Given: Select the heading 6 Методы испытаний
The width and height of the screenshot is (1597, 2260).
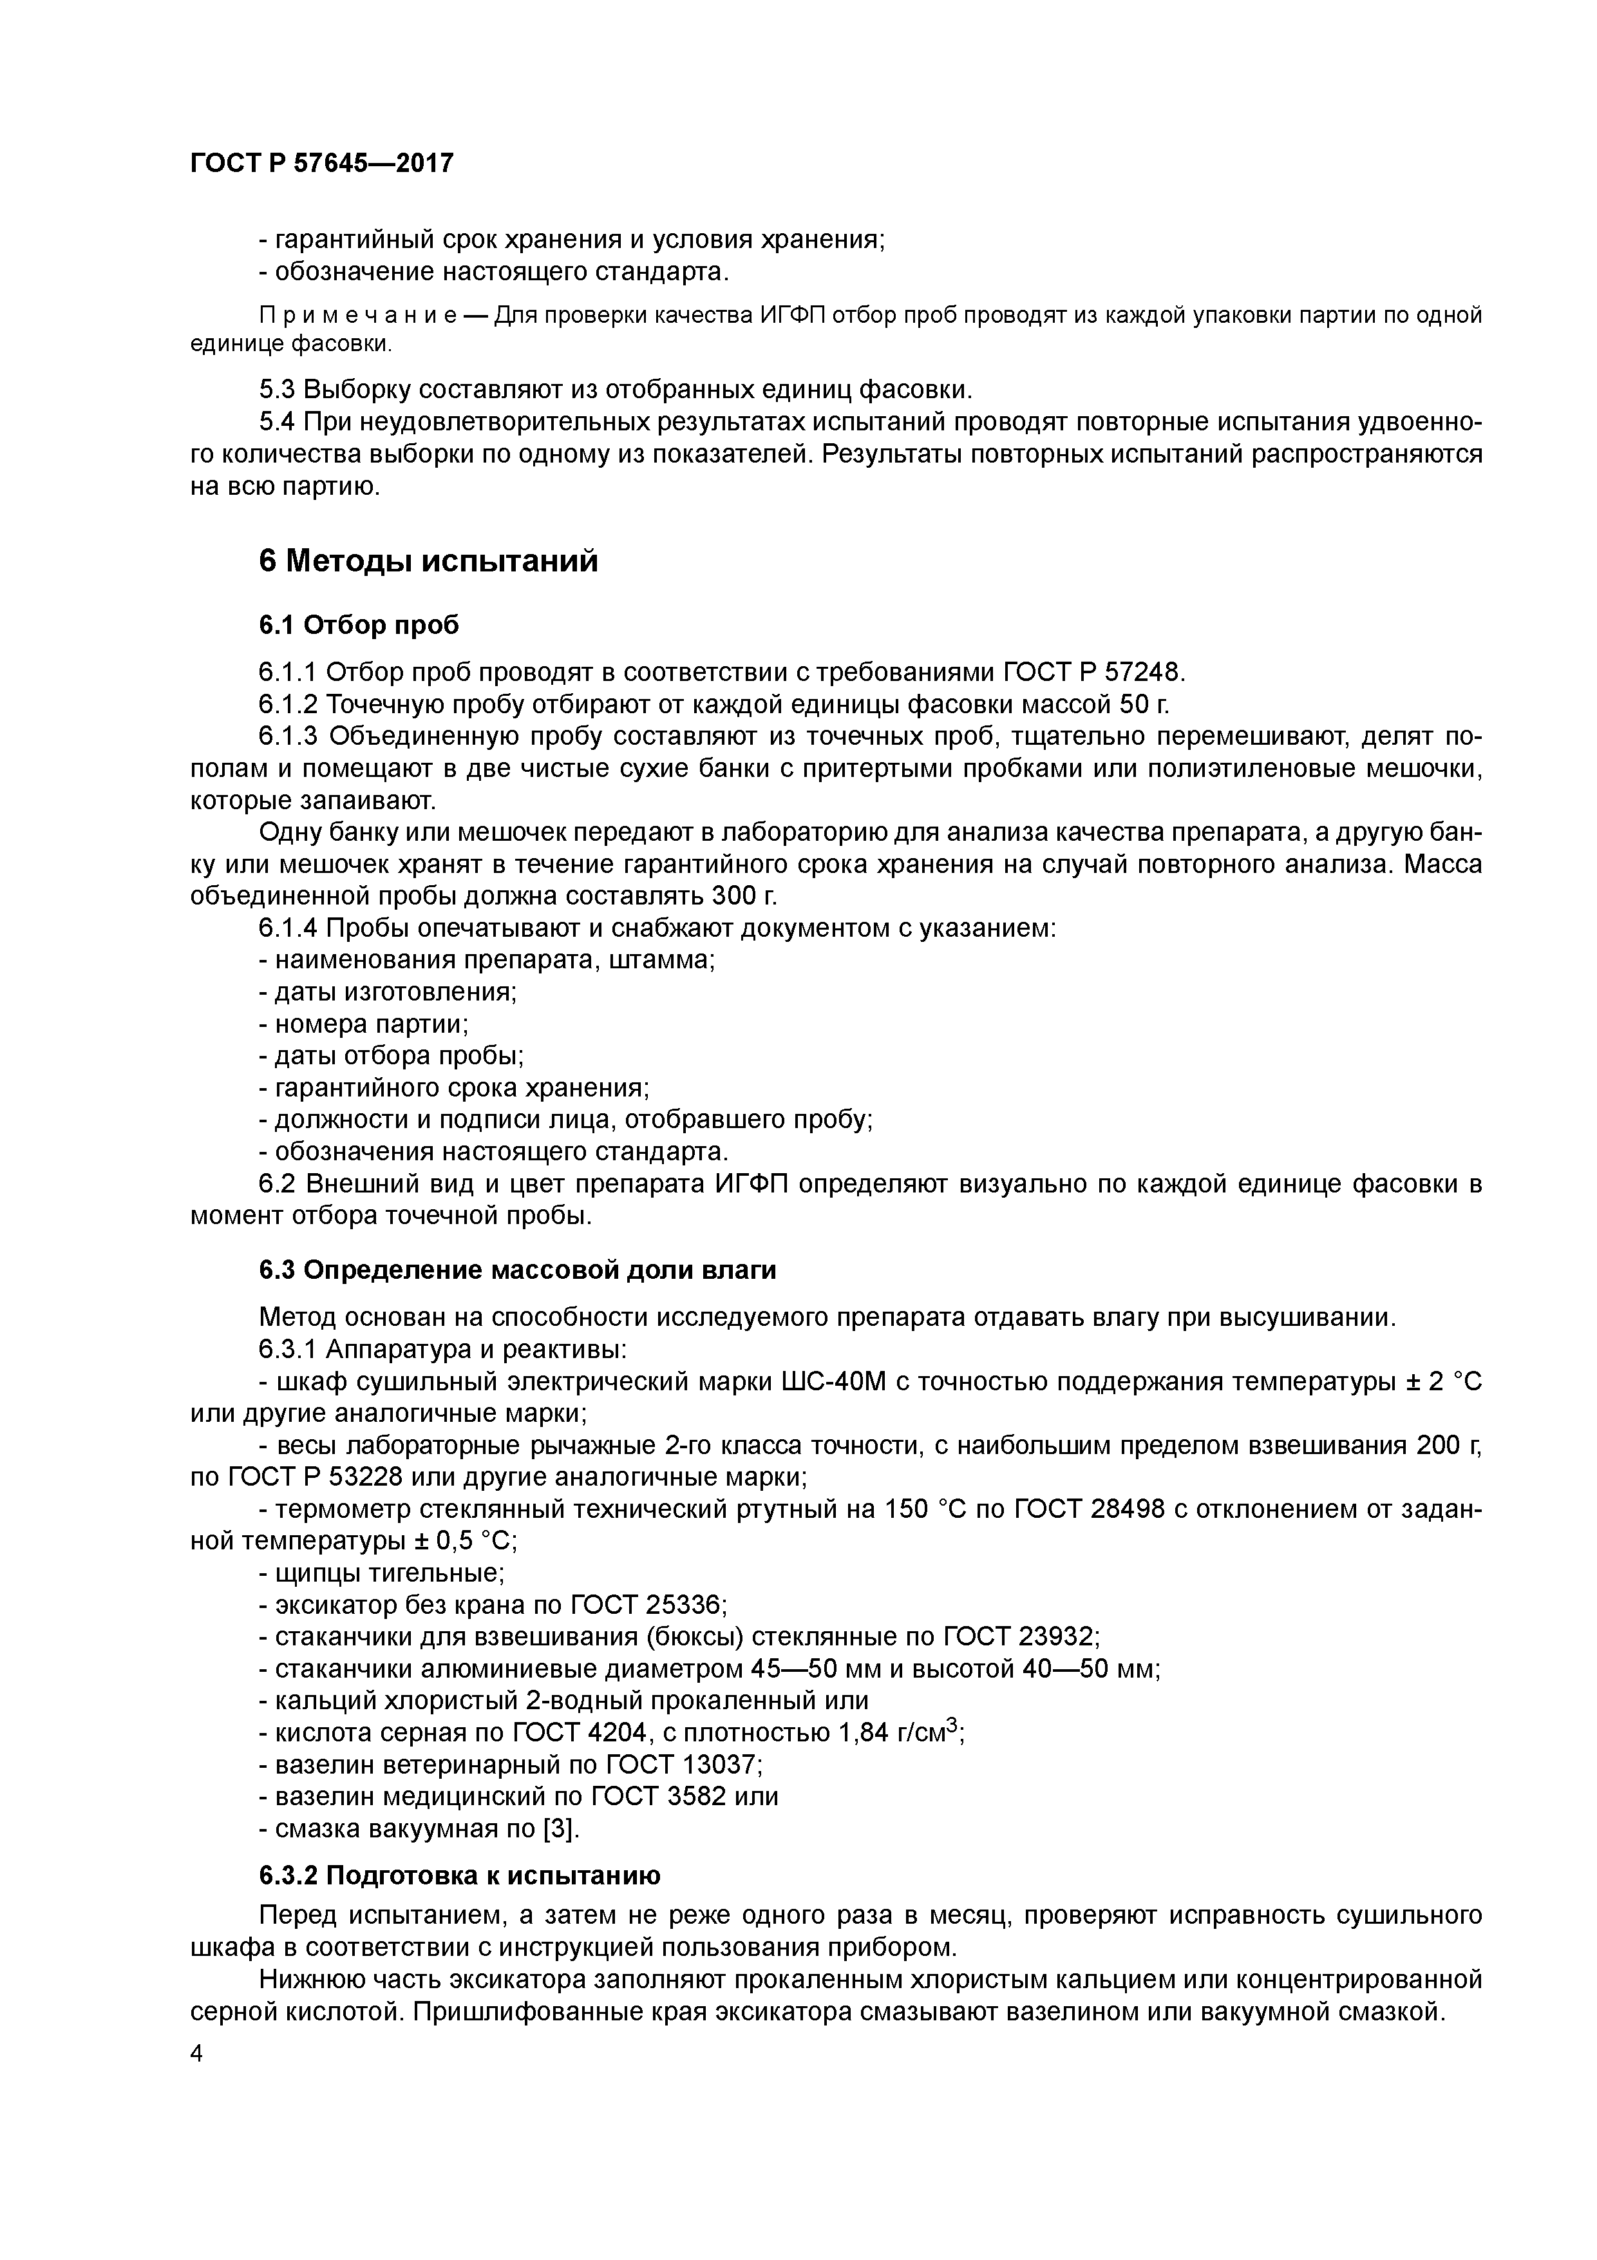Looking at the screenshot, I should (428, 561).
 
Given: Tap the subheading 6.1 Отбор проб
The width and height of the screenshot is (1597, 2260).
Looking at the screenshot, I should (359, 625).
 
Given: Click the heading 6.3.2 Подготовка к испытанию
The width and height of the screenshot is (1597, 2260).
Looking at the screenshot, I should (460, 1876).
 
